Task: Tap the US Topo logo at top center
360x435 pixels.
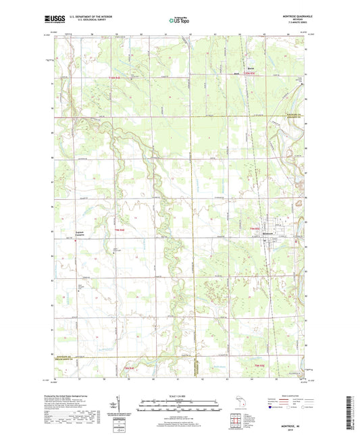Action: click(179, 21)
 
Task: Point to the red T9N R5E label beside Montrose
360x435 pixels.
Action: click(255, 229)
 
